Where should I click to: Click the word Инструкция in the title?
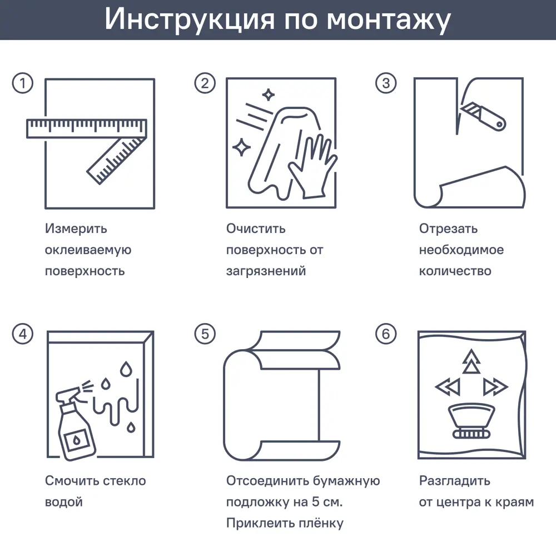(x=190, y=19)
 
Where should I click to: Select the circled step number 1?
(x=22, y=83)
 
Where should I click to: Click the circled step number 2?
(x=205, y=83)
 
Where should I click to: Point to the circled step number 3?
(x=386, y=83)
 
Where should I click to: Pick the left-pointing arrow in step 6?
(x=446, y=386)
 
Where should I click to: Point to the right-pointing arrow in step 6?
(x=495, y=386)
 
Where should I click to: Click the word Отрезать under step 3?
(x=448, y=229)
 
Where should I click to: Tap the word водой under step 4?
(x=63, y=502)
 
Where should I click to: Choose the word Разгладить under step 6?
(x=454, y=481)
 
